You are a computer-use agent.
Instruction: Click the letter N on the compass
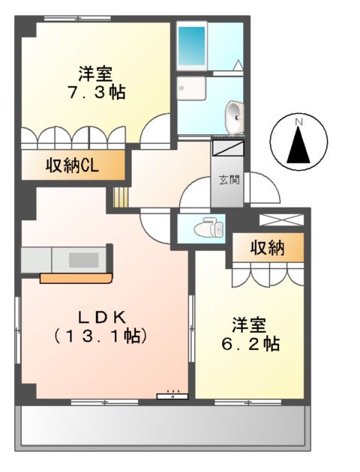pyautogui.click(x=298, y=121)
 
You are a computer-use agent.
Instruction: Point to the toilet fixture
pyautogui.click(x=208, y=226)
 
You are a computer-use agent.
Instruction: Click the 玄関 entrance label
pyautogui.click(x=229, y=180)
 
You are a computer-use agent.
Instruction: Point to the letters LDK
pyautogui.click(x=100, y=315)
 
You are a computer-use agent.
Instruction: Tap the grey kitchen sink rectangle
pyautogui.click(x=81, y=260)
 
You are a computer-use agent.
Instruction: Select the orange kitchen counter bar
pyautogui.click(x=75, y=279)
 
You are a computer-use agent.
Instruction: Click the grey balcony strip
pyautogui.click(x=162, y=428)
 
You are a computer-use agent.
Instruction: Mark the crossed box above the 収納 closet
pyautogui.click(x=281, y=220)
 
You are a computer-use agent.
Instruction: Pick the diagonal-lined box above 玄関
pyautogui.click(x=228, y=148)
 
